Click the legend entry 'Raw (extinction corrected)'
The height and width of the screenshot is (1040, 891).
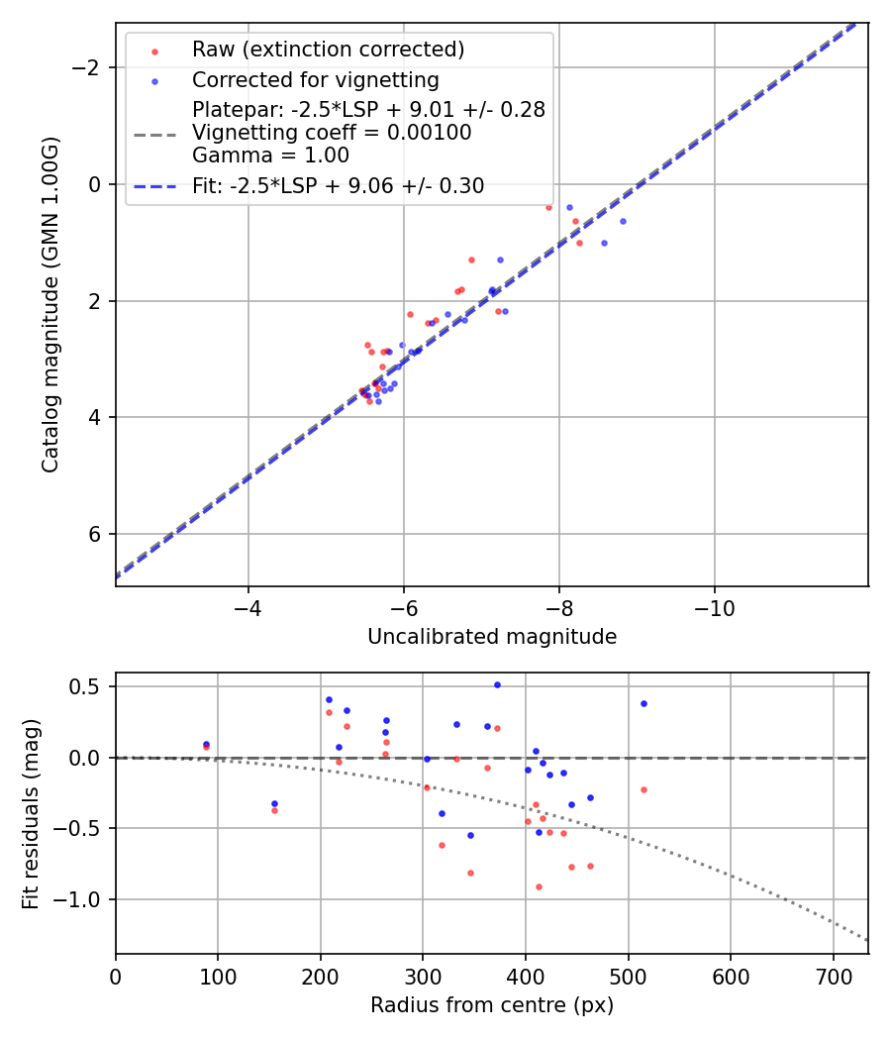(328, 50)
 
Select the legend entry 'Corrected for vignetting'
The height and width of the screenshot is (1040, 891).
(315, 79)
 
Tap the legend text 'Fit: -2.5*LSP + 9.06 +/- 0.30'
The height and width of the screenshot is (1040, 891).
(338, 185)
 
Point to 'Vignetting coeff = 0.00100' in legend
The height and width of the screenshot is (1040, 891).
(332, 133)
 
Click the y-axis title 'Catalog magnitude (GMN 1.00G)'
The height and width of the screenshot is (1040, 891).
(50, 304)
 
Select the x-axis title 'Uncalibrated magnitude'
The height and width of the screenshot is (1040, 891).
(492, 637)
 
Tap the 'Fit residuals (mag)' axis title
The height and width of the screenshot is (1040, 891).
(31, 813)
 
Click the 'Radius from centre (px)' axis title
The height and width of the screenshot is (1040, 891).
(492, 1005)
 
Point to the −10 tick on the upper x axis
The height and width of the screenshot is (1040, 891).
(714, 607)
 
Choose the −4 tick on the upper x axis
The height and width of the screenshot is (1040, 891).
(247, 607)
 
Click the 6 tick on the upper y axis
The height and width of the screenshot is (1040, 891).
(96, 534)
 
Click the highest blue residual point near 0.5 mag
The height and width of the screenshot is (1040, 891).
(497, 684)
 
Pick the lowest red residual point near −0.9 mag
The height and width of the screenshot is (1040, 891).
(539, 886)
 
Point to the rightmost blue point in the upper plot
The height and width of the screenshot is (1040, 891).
(623, 221)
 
